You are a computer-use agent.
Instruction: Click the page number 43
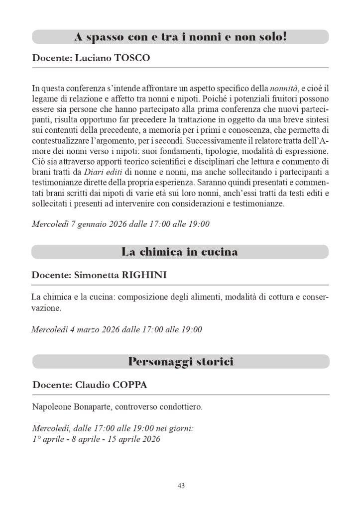181,486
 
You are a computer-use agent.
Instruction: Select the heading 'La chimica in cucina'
180,252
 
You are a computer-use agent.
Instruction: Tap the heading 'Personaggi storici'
180,361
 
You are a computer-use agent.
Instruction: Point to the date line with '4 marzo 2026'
117,329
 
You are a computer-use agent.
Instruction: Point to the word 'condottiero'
179,407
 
